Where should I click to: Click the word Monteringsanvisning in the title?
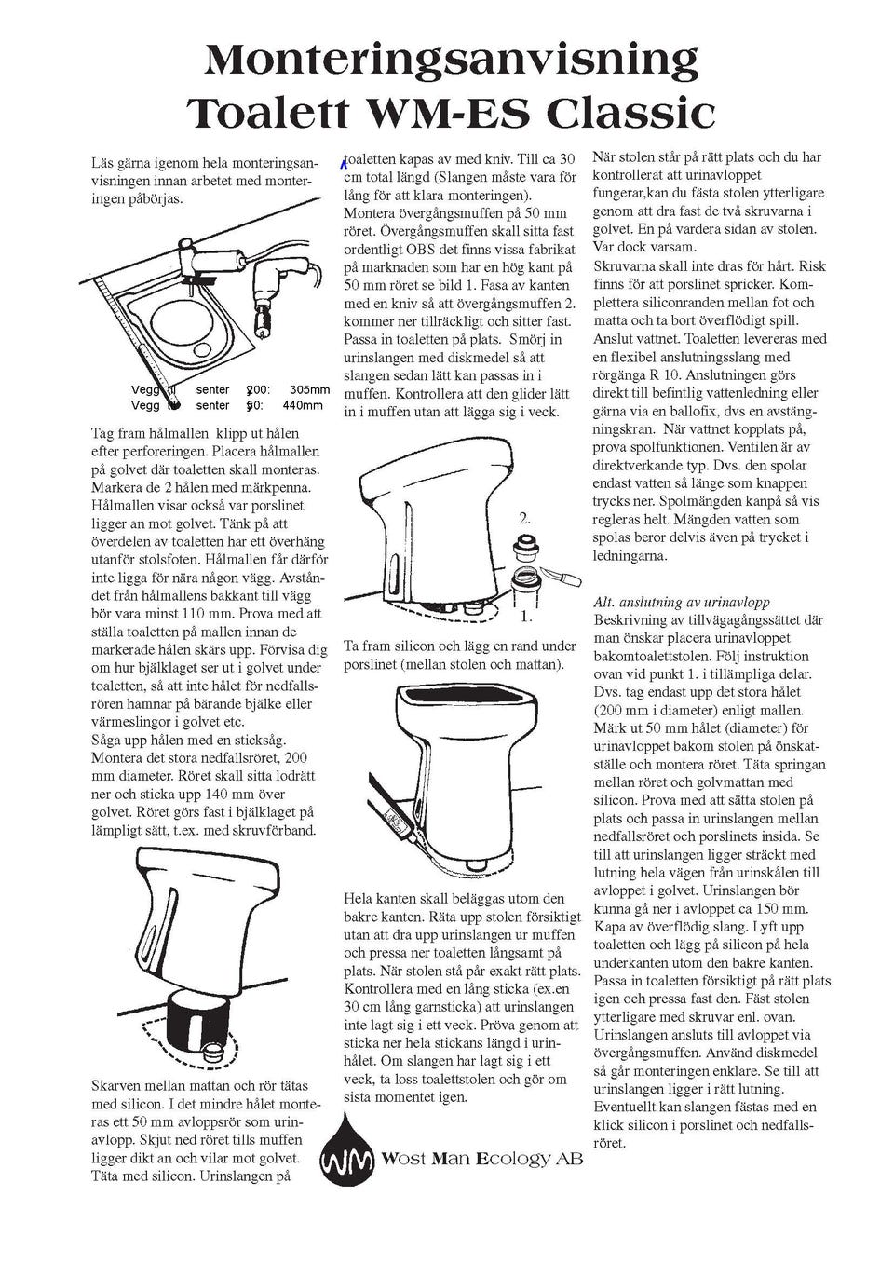tap(451, 61)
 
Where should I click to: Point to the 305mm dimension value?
tap(309, 390)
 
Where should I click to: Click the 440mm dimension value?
tap(303, 405)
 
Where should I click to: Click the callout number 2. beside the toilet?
tap(524, 518)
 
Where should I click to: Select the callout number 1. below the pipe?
tap(525, 617)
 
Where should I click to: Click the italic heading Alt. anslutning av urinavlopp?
tap(682, 602)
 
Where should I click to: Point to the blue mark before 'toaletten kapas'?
tap(342, 164)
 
